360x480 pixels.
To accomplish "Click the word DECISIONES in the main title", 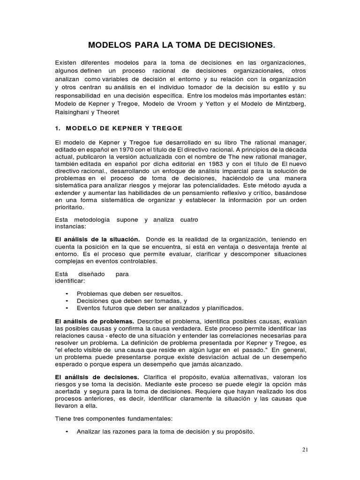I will point(240,45).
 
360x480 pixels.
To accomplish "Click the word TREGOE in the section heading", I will point(164,128).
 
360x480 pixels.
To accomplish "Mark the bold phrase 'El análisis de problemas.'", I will point(95,321).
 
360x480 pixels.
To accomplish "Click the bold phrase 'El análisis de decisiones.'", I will point(97,377).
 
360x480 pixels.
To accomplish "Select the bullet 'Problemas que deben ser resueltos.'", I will point(130,293).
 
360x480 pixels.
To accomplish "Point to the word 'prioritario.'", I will point(70,207).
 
